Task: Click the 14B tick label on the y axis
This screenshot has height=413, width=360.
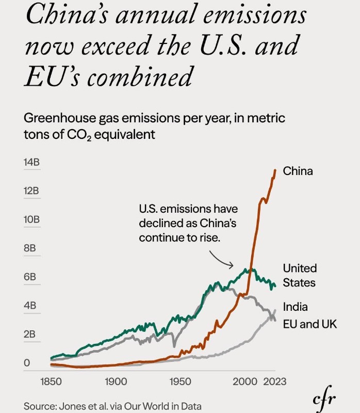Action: tap(31, 162)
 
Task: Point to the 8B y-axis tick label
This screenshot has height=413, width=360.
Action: tap(29, 248)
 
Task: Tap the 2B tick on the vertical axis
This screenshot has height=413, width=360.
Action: tap(29, 334)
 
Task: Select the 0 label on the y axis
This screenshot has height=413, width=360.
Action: tap(26, 363)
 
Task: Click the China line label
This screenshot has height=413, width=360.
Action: tap(298, 171)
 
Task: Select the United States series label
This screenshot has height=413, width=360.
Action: tap(300, 275)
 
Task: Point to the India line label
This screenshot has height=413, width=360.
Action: tap(295, 307)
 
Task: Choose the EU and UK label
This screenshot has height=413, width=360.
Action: tap(309, 324)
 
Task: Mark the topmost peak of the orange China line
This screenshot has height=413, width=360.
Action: tap(275, 170)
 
